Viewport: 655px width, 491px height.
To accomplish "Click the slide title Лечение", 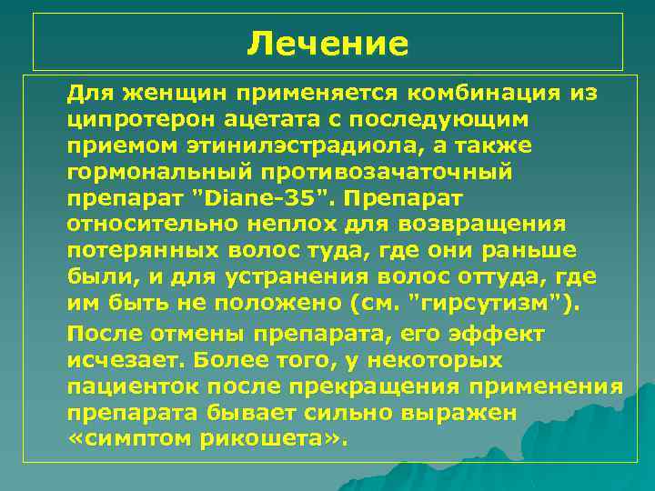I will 327,43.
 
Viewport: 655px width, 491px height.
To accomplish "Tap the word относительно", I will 151,224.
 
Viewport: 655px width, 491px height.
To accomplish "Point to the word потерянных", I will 136,250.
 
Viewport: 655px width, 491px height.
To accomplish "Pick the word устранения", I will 287,276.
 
